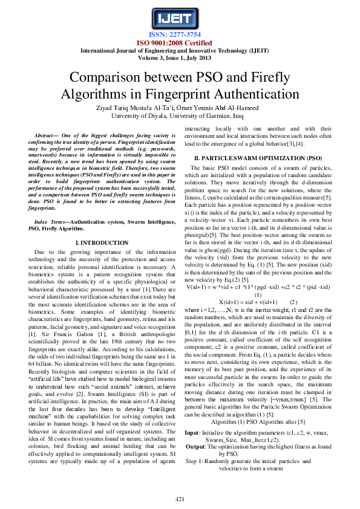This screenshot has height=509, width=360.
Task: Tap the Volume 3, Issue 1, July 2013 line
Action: click(180, 58)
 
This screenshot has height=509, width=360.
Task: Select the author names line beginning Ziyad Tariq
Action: click(180, 108)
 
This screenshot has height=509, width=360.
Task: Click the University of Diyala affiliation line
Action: click(180, 117)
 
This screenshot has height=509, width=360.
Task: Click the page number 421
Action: click(180, 498)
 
